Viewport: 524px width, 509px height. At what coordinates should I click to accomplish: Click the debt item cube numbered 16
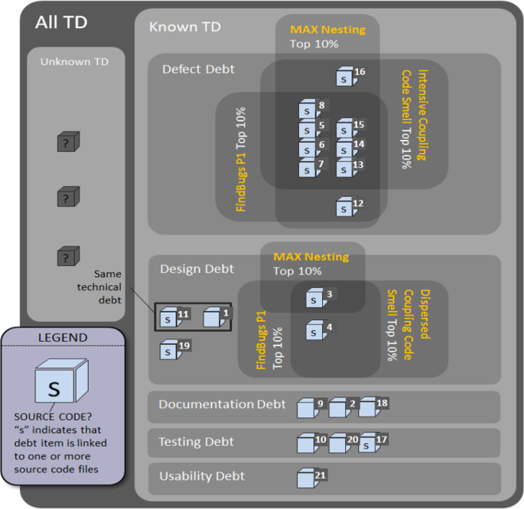point(345,77)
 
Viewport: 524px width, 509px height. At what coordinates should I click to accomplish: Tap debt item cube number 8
point(308,110)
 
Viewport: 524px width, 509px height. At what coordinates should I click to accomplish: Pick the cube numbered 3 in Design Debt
point(315,299)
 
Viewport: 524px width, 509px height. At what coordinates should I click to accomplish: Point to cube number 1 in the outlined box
point(213,317)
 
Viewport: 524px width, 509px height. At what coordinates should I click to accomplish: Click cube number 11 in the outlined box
point(168,318)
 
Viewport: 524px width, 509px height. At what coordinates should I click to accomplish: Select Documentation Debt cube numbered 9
point(307,408)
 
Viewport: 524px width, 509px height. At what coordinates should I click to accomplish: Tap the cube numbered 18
point(369,407)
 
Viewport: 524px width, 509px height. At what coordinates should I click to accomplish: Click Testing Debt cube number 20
point(338,443)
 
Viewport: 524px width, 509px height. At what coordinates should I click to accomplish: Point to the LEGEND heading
point(62,337)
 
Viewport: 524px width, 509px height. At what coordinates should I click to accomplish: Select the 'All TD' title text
point(61,22)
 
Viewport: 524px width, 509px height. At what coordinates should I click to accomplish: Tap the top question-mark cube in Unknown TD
point(68,142)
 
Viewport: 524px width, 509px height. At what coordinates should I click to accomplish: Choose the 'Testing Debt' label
point(196,442)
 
